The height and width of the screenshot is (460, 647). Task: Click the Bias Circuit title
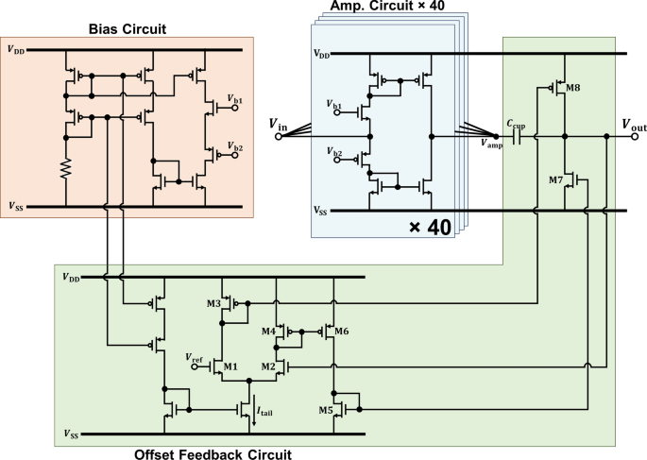[x=126, y=29]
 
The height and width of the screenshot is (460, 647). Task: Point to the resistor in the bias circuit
[x=66, y=170]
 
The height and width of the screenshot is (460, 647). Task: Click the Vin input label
[x=281, y=123]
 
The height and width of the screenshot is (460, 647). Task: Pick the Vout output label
[x=625, y=123]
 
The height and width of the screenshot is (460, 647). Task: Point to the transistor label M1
[x=230, y=366]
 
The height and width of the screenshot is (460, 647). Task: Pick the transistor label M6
[x=341, y=332]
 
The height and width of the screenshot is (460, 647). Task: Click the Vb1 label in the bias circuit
[x=234, y=99]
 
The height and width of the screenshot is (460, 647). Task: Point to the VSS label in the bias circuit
[x=17, y=206]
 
